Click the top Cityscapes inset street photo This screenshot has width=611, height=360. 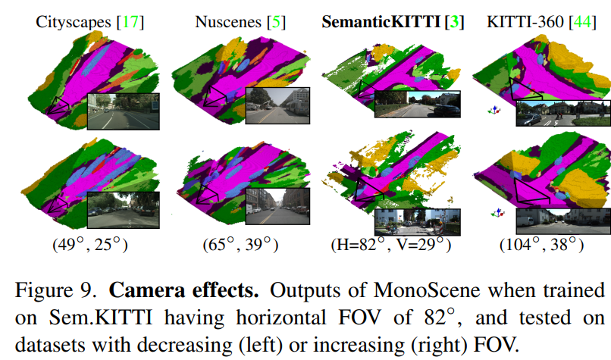(124, 111)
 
